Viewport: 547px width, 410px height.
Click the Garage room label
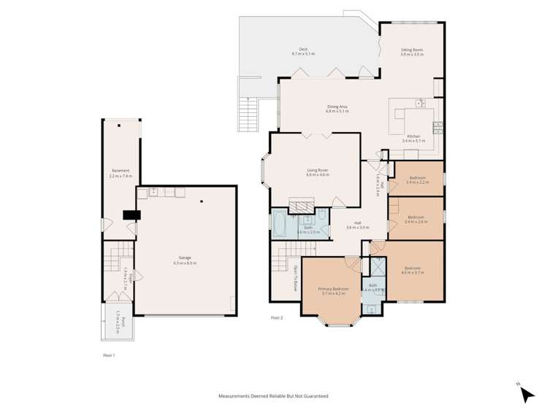click(188, 259)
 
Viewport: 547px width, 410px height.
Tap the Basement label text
click(120, 173)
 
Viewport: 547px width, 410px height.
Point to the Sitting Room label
click(412, 50)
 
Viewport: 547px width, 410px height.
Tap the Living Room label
click(318, 172)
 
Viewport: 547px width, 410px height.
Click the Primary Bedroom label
click(333, 290)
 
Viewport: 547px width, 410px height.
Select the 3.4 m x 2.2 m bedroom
click(418, 180)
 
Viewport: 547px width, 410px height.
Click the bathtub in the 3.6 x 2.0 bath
click(280, 225)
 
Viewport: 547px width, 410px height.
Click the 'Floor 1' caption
click(110, 355)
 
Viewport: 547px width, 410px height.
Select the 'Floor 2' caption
click(277, 317)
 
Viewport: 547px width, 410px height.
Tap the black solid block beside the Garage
click(131, 214)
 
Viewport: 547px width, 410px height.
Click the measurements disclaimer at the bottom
click(273, 396)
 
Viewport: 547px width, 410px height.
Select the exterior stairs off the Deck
click(249, 113)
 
